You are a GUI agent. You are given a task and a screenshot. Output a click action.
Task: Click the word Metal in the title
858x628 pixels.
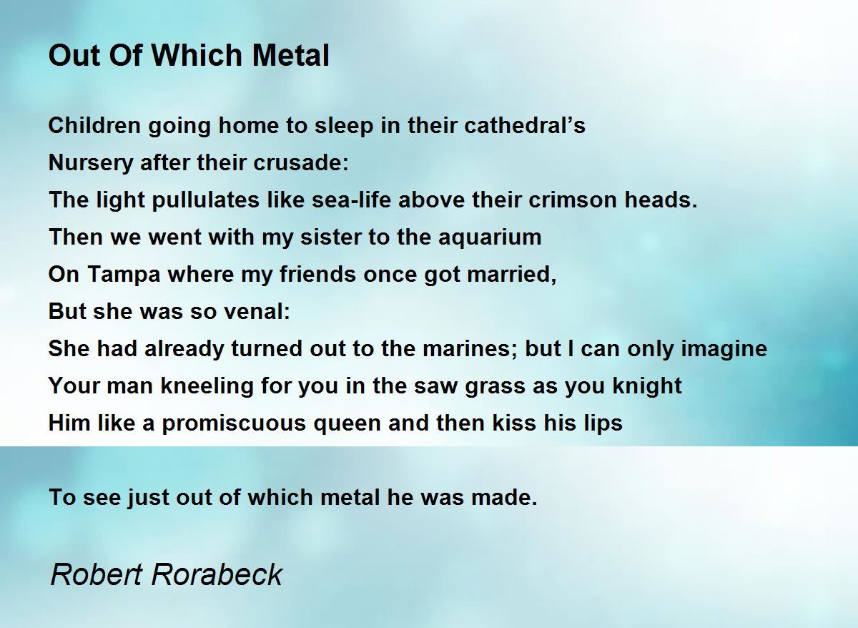(290, 55)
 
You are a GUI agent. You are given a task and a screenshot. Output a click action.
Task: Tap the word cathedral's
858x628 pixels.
(525, 125)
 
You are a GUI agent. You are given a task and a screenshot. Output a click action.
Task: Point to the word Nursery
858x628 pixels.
(90, 163)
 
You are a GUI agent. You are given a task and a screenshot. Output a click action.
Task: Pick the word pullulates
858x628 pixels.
(206, 200)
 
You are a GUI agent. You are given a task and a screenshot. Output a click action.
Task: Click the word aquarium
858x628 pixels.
(490, 237)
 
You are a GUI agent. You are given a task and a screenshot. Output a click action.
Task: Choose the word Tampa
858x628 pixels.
(124, 275)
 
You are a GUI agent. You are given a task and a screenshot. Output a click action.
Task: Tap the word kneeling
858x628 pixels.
(207, 386)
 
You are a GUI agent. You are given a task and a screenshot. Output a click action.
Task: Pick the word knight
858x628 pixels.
(647, 386)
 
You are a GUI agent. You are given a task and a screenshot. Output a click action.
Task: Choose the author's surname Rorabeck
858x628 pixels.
(217, 575)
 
